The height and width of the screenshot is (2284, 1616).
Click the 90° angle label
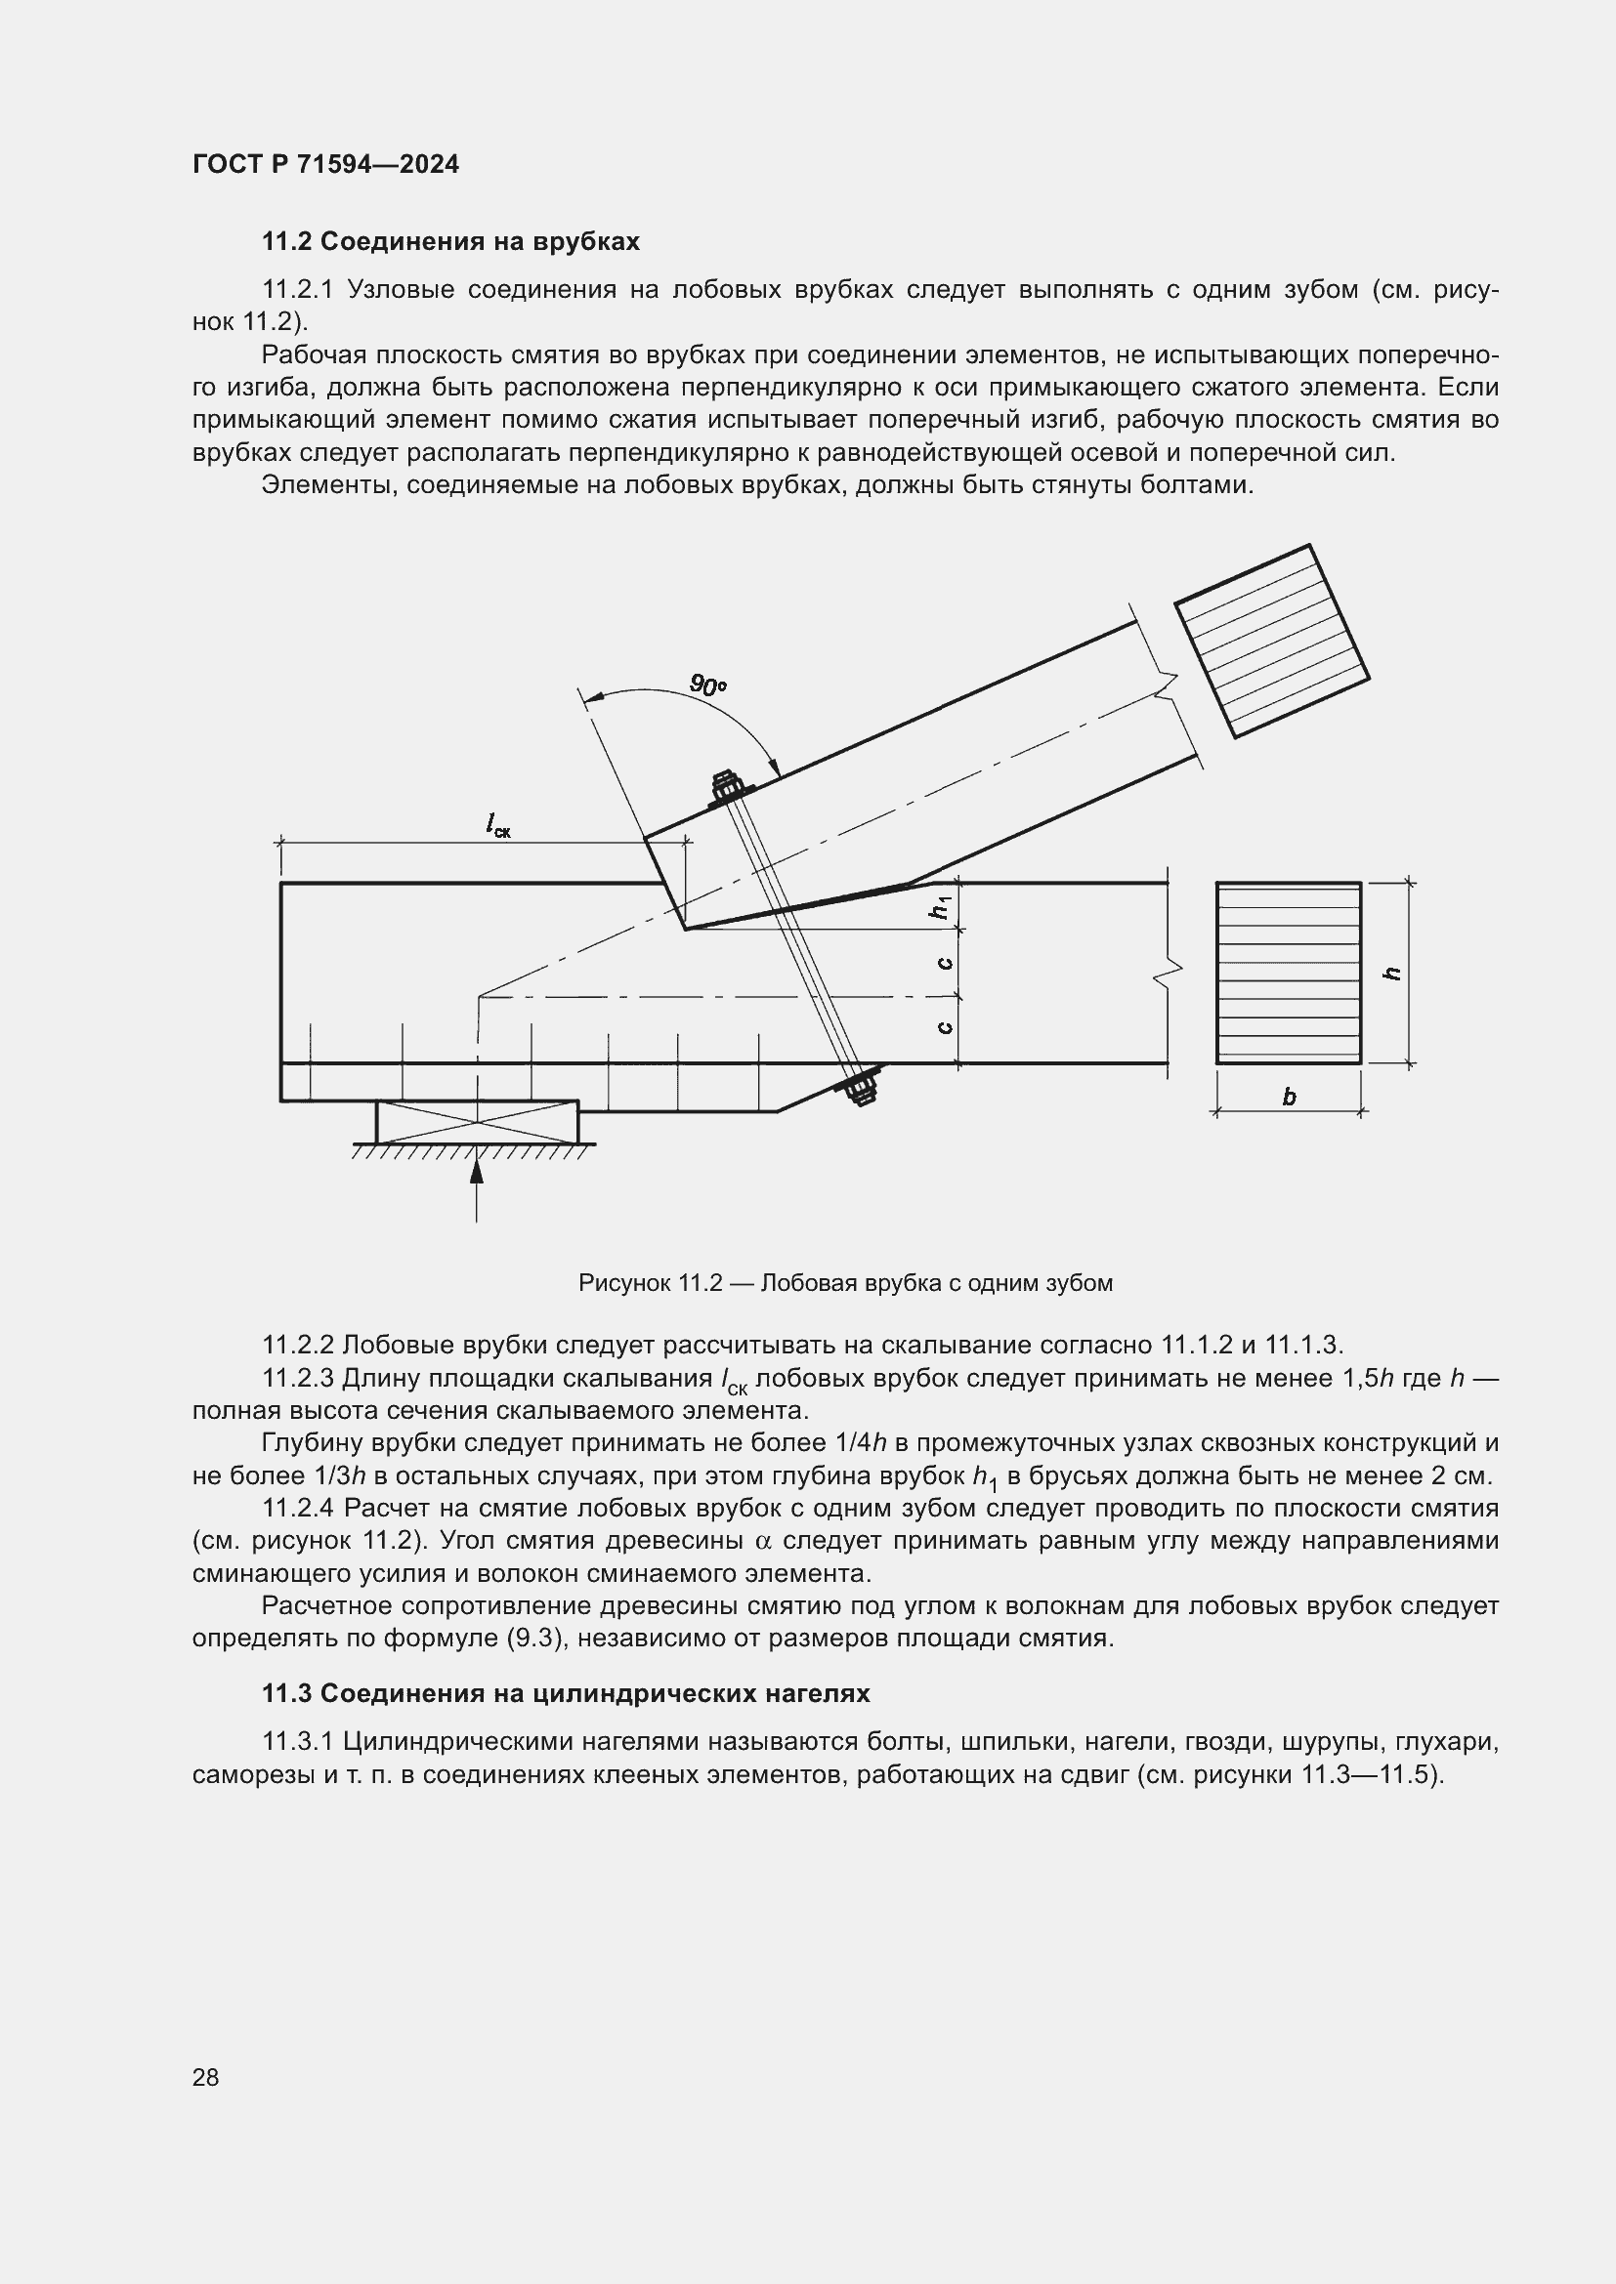[707, 685]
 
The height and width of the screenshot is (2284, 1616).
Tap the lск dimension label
[497, 825]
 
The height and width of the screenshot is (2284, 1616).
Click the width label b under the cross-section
[1289, 1098]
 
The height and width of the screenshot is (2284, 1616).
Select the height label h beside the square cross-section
[1393, 973]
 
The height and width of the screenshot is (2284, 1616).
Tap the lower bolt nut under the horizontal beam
[861, 1086]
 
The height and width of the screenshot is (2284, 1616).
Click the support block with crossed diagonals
[477, 1121]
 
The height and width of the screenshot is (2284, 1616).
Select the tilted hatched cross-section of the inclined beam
[1272, 642]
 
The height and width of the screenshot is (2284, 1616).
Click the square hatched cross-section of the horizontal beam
[1288, 973]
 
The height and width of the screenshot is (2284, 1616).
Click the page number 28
[206, 2077]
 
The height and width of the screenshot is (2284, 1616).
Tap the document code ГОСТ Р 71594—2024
[325, 164]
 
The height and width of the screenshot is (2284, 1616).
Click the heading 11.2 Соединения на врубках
[449, 242]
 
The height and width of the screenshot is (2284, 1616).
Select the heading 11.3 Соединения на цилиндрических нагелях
[565, 1693]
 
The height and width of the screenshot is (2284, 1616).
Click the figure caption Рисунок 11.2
[845, 1283]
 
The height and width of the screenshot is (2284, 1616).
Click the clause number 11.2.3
[299, 1378]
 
